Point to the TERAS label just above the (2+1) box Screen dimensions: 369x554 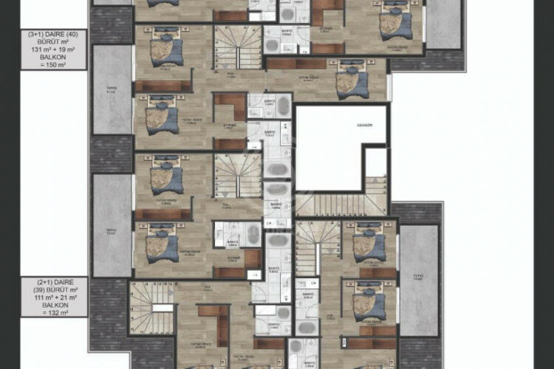coord(112,230)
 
